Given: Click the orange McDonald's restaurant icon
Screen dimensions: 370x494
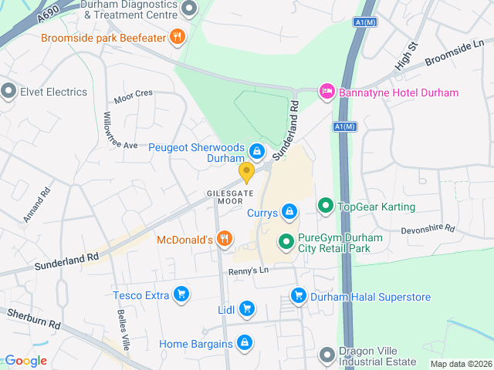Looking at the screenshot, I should point(224,239).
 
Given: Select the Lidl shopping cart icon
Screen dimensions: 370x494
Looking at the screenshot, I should point(246,309).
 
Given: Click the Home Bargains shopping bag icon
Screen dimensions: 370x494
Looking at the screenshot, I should point(244,342).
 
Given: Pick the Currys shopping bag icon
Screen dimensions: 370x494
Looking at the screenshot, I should point(289,210).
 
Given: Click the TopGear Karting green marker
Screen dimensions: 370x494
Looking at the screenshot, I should point(326,206).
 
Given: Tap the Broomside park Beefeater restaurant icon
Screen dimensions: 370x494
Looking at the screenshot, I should point(178,36).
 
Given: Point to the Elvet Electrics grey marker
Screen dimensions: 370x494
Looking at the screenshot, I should point(8,92).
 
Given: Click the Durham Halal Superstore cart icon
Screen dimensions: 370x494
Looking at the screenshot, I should point(298,295).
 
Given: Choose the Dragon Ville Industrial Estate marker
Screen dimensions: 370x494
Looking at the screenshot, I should point(327,355).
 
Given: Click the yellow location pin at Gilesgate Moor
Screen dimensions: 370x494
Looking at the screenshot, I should point(246,172).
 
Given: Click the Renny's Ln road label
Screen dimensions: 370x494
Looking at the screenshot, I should point(248,271).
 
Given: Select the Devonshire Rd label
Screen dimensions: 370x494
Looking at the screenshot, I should point(428,230).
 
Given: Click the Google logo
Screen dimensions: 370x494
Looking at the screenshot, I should point(25,361).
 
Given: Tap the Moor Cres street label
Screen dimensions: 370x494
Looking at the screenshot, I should point(134,96).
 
